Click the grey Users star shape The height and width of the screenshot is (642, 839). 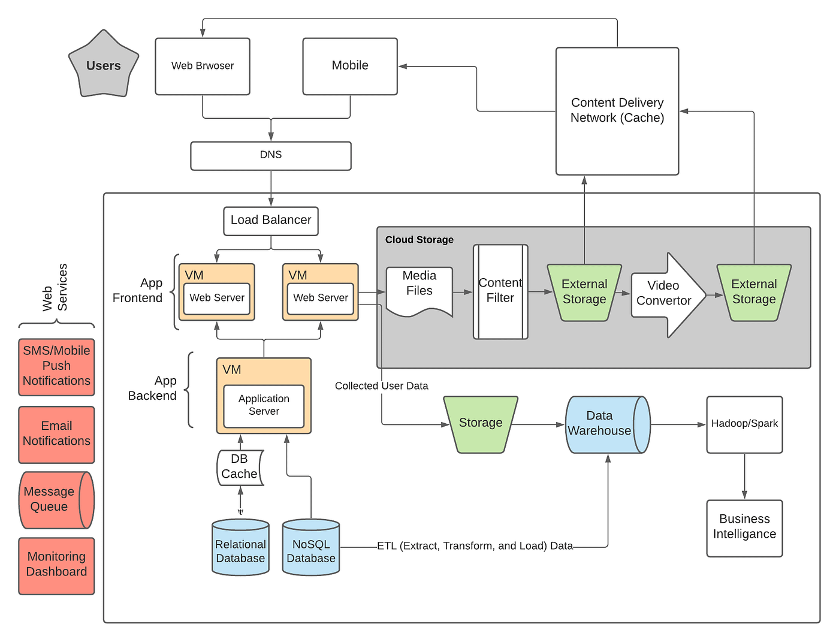coord(104,65)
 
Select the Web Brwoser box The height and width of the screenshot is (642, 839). coord(203,66)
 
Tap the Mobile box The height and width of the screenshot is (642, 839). coord(350,66)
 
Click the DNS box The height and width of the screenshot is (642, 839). coord(271,155)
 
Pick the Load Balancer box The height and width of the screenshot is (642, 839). coord(271,221)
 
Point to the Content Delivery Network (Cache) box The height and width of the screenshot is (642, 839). coord(617,111)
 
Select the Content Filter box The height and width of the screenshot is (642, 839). coord(500,291)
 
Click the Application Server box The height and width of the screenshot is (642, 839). coord(264,406)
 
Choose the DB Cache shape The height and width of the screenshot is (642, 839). coord(240,467)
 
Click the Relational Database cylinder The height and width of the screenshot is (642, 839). coord(240,548)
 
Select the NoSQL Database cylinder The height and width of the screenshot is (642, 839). coord(311,548)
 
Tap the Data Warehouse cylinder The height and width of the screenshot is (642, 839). coord(605,424)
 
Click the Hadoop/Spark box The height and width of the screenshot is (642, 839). coord(744,424)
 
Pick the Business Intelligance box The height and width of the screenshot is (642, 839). coord(744,528)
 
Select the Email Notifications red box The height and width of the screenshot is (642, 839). coord(56,434)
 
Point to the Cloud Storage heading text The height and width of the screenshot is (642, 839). coord(419,240)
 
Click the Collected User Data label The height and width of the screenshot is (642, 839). coord(381,386)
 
